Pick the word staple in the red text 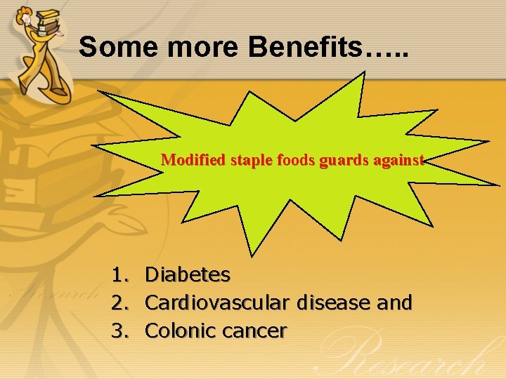pyautogui.click(x=239, y=160)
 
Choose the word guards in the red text pyautogui.click(x=337, y=160)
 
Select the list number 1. pyautogui.click(x=119, y=274)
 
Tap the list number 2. pyautogui.click(x=119, y=302)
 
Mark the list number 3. pyautogui.click(x=119, y=331)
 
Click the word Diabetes pyautogui.click(x=187, y=274)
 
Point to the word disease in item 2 pyautogui.click(x=331, y=302)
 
